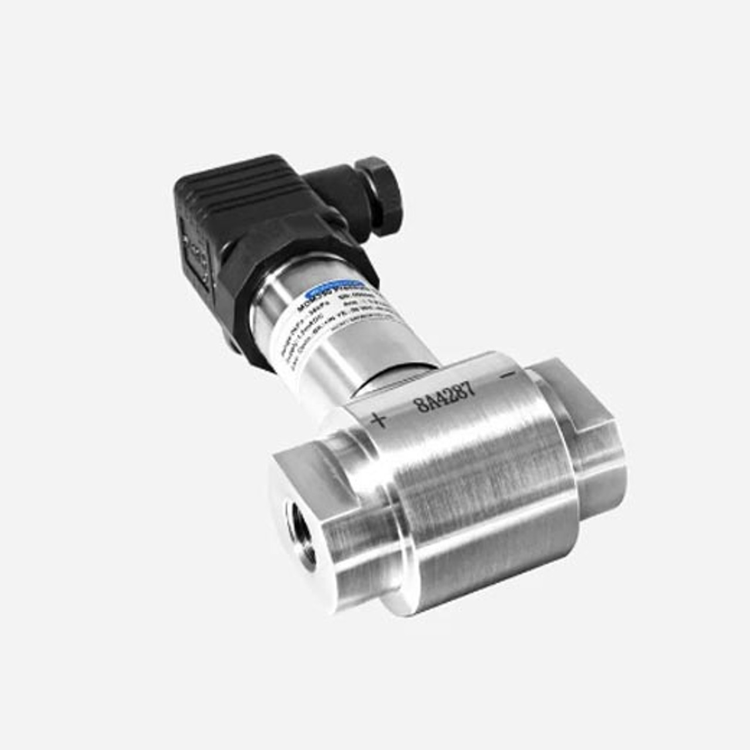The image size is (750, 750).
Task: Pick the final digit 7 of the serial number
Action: coord(470,390)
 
